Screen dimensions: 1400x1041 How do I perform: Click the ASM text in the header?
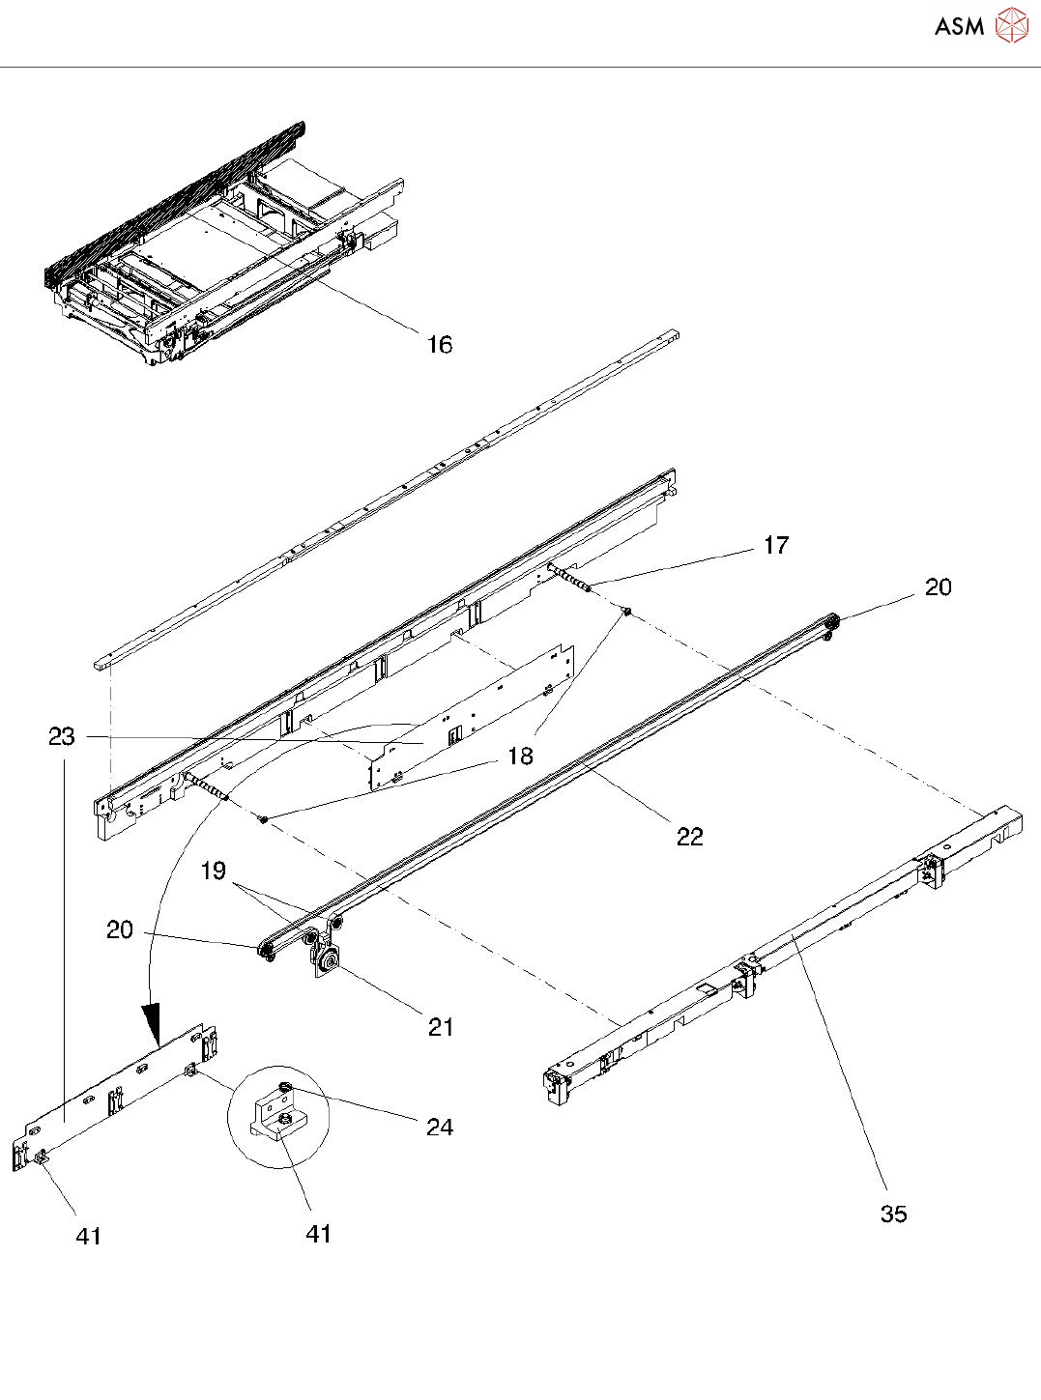(959, 26)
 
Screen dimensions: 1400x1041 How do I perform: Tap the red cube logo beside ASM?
(1011, 25)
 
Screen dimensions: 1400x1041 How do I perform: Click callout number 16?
(440, 345)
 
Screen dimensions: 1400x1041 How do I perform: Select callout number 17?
(776, 546)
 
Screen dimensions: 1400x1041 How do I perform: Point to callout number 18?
(521, 756)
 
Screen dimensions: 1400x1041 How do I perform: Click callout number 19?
(213, 871)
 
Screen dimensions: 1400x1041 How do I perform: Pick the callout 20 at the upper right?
(938, 587)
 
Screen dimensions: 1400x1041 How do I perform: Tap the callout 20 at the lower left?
(120, 929)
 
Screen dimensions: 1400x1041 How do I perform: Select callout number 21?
(441, 1027)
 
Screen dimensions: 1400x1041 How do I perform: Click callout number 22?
(689, 837)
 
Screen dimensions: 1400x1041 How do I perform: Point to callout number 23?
(62, 737)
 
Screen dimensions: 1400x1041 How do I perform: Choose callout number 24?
(440, 1127)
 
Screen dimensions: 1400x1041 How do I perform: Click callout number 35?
(894, 1214)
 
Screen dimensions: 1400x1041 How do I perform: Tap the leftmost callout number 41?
(89, 1236)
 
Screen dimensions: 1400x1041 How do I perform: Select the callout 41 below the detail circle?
(319, 1234)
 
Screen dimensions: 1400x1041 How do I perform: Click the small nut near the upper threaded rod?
(626, 611)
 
